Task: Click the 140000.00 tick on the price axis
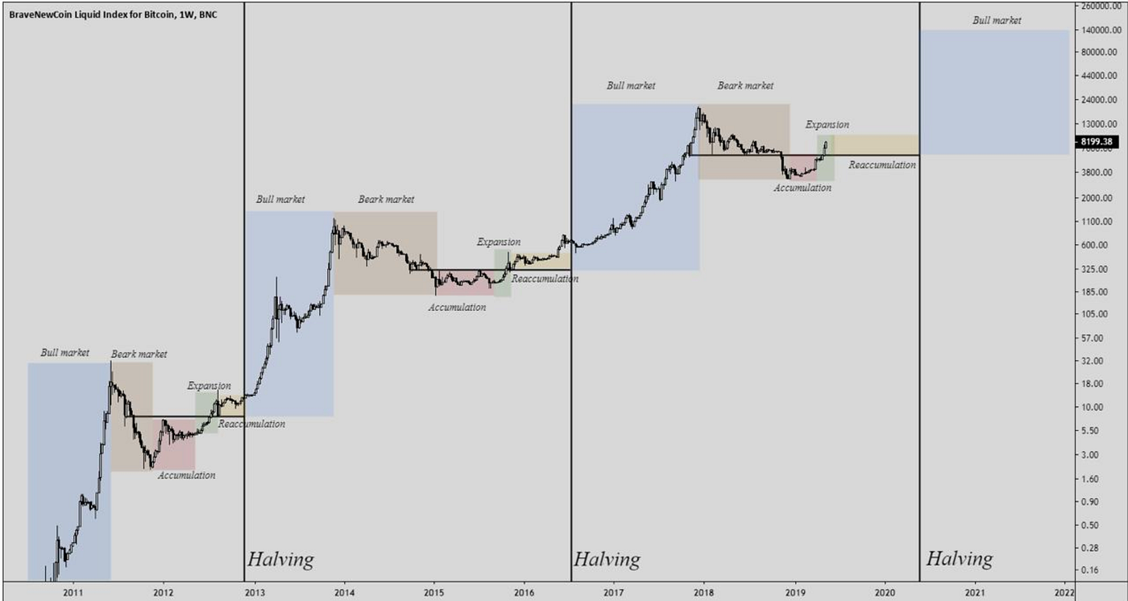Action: [1101, 29]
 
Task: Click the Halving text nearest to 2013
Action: [280, 559]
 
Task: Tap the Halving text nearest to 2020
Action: [959, 559]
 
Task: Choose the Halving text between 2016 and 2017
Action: [607, 559]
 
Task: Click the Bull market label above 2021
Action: [997, 20]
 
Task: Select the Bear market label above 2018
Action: [745, 85]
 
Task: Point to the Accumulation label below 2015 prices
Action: [457, 307]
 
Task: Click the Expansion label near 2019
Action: [827, 125]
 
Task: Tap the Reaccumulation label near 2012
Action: [251, 424]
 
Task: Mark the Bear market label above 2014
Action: [386, 199]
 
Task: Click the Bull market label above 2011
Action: [65, 352]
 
